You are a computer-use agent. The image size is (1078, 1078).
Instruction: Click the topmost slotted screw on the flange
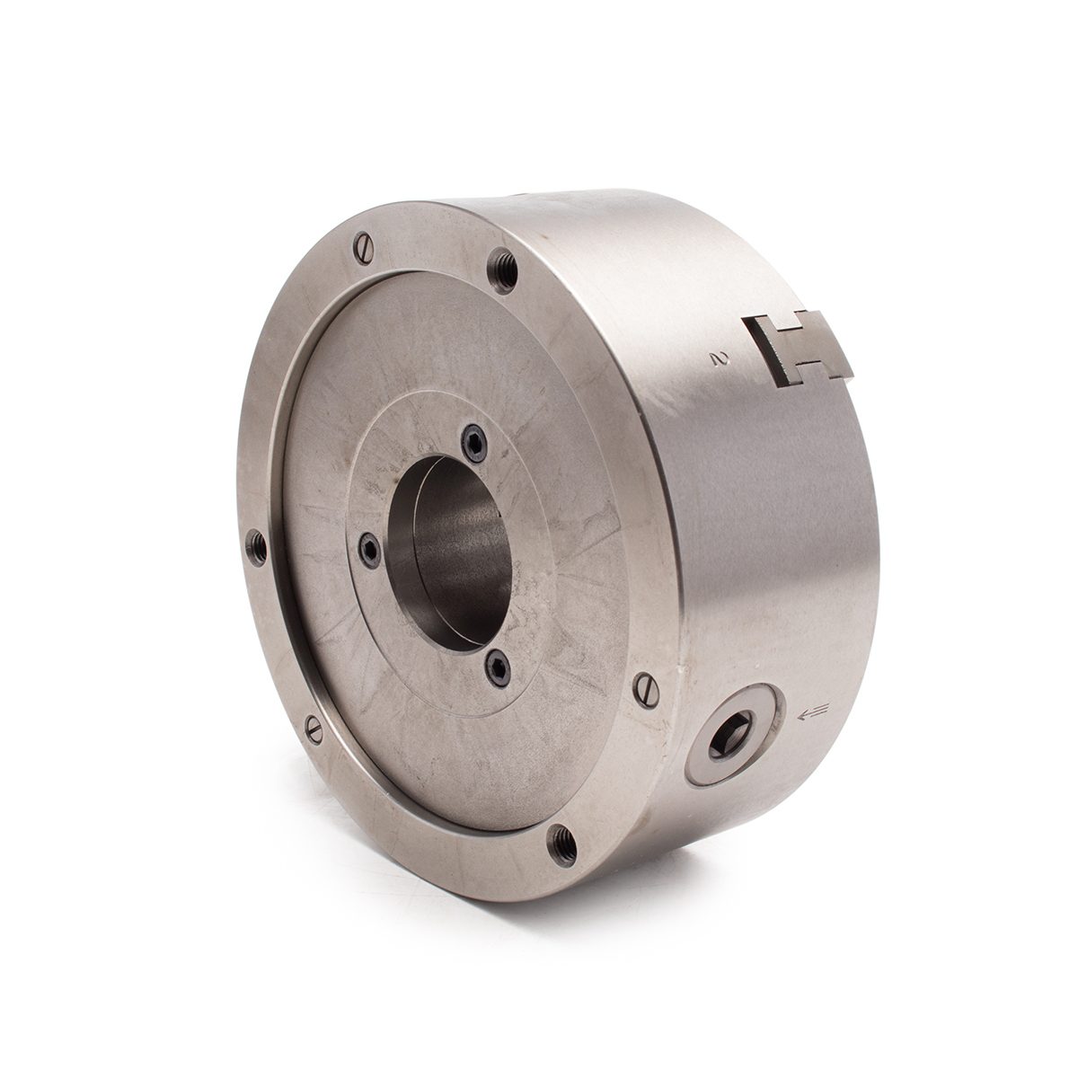click(364, 247)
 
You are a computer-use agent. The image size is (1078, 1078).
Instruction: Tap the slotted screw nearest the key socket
click(648, 692)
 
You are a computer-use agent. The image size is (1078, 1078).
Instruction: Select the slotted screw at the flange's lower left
click(315, 729)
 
